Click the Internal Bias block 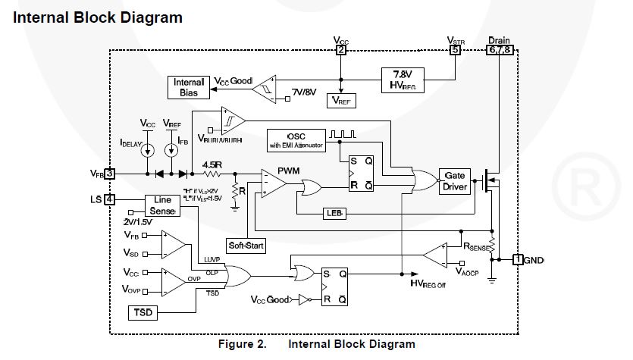pyautogui.click(x=189, y=87)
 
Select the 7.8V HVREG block pyautogui.click(x=403, y=78)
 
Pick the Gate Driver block pyautogui.click(x=454, y=181)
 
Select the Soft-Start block pyautogui.click(x=246, y=246)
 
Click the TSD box pyautogui.click(x=143, y=311)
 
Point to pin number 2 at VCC pyautogui.click(x=341, y=51)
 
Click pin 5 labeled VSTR pyautogui.click(x=455, y=51)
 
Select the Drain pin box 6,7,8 pyautogui.click(x=500, y=51)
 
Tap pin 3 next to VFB pyautogui.click(x=110, y=174)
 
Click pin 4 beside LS pyautogui.click(x=110, y=200)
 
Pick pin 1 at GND pyautogui.click(x=519, y=260)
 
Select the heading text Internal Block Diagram pyautogui.click(x=98, y=17)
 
